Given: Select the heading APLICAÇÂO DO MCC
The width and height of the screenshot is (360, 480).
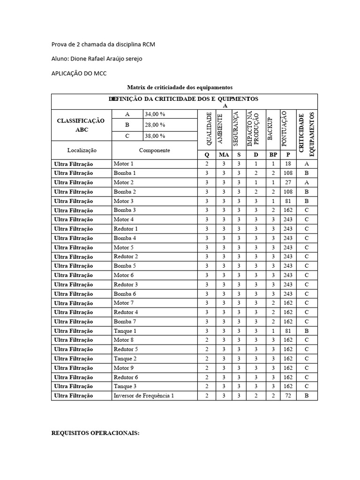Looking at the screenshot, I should click(78, 73).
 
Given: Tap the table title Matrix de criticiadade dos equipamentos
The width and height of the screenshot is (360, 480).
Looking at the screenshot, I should click(180, 88).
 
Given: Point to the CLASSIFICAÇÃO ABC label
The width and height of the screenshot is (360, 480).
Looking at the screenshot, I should click(81, 125).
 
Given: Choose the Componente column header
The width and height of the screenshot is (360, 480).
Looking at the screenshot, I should click(154, 150).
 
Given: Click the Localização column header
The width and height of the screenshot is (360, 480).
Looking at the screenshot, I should click(82, 150).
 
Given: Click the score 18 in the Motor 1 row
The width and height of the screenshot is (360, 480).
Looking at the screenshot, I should click(288, 164).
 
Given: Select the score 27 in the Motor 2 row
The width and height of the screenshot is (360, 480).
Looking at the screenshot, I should click(288, 182).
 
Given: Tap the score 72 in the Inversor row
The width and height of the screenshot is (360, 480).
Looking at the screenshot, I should click(288, 396).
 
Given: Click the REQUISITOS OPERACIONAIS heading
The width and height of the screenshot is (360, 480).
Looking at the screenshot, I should click(95, 433).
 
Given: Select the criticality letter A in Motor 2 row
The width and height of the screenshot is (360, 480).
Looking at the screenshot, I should click(307, 182).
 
